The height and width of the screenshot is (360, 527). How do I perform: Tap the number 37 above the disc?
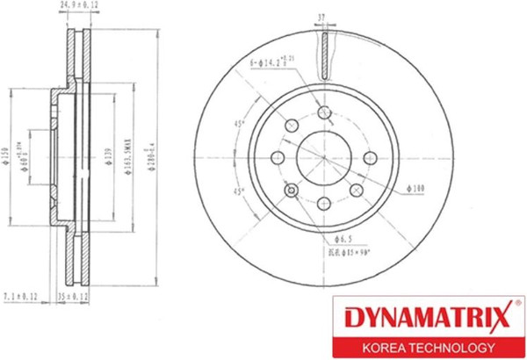tap(324, 16)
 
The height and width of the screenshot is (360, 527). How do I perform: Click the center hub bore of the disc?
tap(323, 159)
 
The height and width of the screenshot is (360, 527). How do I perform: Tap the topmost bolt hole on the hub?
tap(324, 112)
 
